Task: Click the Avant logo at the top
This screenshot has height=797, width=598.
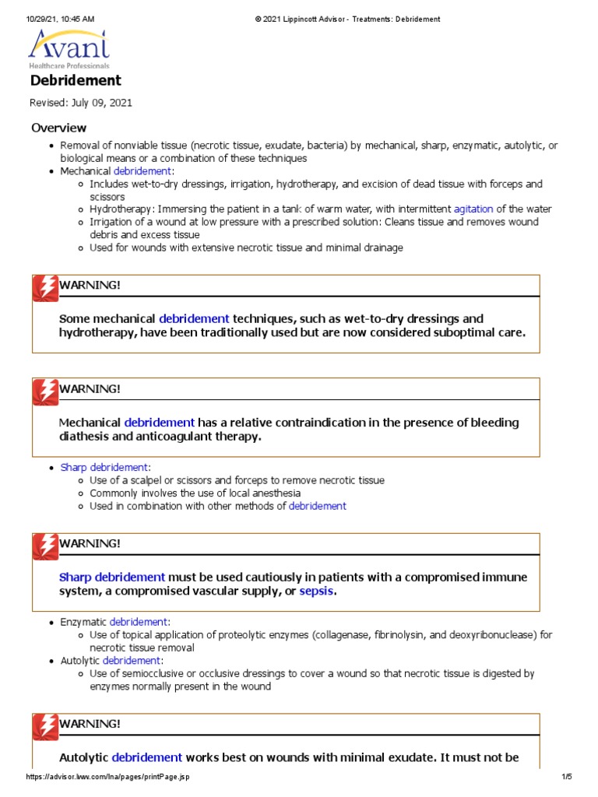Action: coord(69,49)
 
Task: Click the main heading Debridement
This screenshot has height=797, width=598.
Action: coord(76,81)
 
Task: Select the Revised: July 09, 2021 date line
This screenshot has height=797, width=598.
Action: coord(81,104)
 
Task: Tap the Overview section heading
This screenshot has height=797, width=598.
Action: coord(58,128)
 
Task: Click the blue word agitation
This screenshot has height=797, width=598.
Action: coord(473,209)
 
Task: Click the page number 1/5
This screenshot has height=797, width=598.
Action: coord(566,777)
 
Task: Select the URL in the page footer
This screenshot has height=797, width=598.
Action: coord(108,777)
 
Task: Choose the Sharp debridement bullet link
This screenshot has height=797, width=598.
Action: coord(104,468)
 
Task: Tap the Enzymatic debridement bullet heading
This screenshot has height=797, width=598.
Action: coord(114,622)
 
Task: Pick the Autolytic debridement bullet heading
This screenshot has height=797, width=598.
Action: coord(111,660)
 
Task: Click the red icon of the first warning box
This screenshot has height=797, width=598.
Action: coord(44,287)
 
